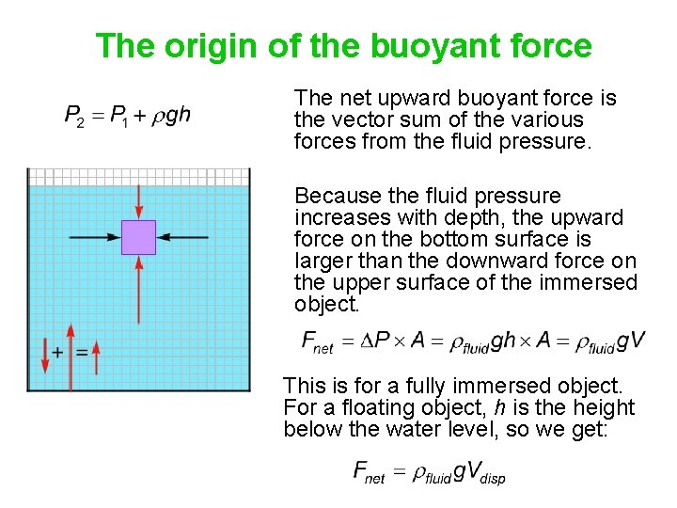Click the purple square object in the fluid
point(138,237)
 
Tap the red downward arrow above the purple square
point(138,199)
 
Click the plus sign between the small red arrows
point(58,352)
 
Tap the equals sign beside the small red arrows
point(81,352)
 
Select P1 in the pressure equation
point(119,116)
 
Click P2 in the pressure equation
point(74,116)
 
